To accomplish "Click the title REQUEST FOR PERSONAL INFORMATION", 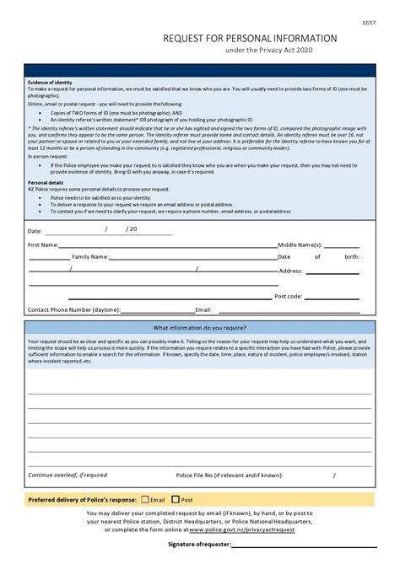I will click(x=250, y=39).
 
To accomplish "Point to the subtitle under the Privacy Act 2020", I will click(x=268, y=51).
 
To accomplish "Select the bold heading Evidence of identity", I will click(x=50, y=83).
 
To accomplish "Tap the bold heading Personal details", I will click(x=46, y=182).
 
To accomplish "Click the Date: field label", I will click(x=35, y=230).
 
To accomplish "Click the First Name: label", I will click(x=43, y=244).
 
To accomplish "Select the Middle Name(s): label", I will click(x=300, y=244).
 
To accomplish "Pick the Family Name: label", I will click(x=90, y=256).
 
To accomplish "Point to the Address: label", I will click(x=290, y=271).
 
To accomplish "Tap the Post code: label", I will click(x=288, y=297).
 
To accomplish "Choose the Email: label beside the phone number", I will click(x=203, y=309).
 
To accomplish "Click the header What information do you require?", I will click(x=199, y=327).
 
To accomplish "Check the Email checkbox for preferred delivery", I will click(x=145, y=499).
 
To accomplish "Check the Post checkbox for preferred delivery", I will click(x=176, y=499).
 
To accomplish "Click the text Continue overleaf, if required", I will click(x=68, y=475).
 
